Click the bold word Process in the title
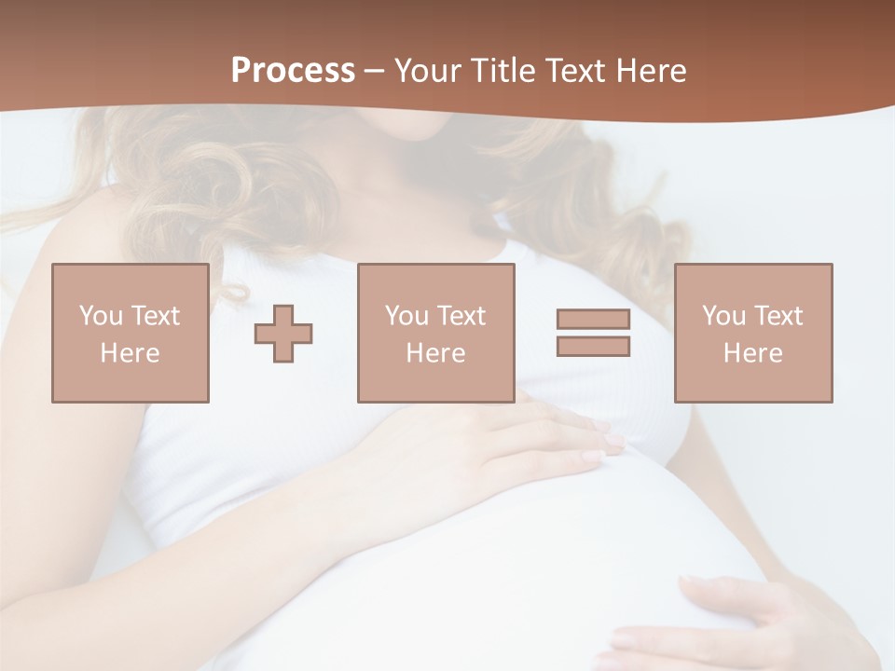pos(293,71)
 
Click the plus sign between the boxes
pos(283,334)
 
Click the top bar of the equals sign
pos(593,320)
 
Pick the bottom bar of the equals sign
pos(593,346)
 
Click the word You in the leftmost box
pos(101,316)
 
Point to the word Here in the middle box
pos(436,353)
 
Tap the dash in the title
pos(375,72)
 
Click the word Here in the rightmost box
pos(753,353)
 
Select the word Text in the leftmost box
pos(157,316)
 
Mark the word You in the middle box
pos(406,316)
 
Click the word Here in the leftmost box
pos(131,353)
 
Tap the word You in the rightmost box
pos(723,316)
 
